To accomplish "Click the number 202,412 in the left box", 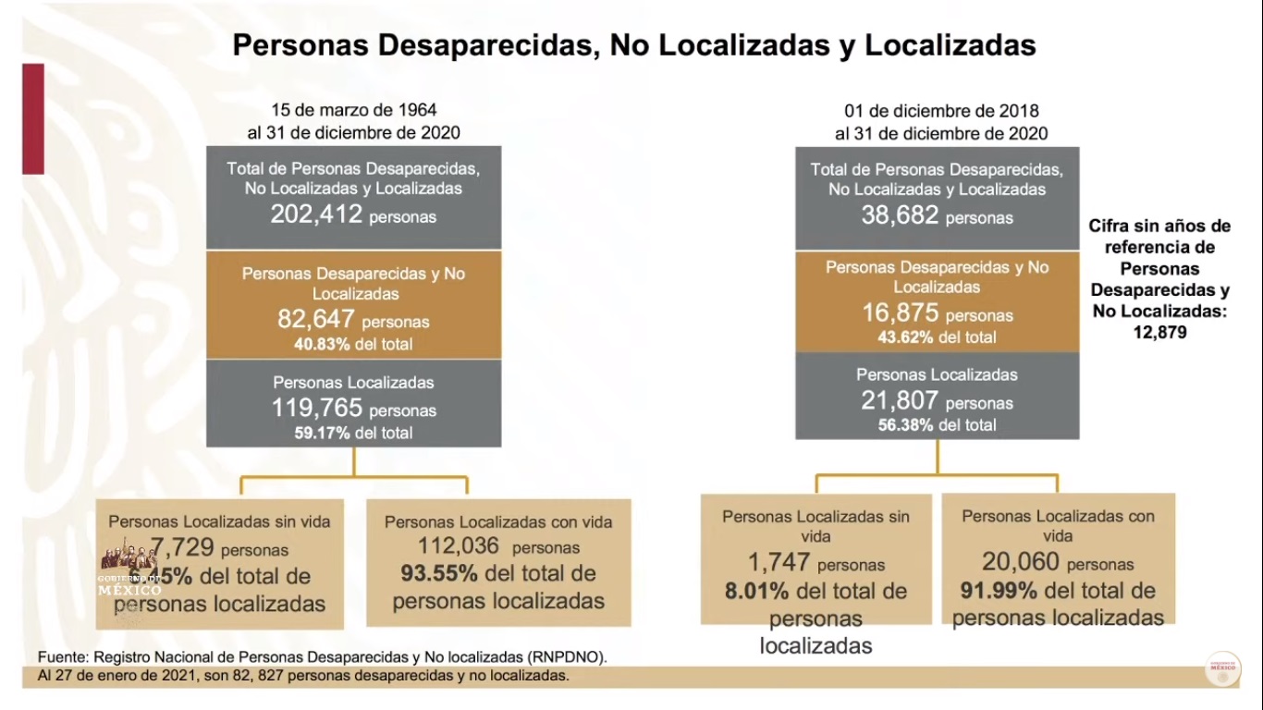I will click(x=316, y=215).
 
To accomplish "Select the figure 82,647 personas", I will click(x=316, y=320).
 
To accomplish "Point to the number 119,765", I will click(x=316, y=408).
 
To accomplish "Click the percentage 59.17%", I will click(x=322, y=433).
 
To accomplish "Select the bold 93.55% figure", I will click(x=439, y=573).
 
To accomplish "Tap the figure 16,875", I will click(x=901, y=313).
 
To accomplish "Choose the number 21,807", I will click(x=901, y=401).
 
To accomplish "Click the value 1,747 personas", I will click(x=780, y=562).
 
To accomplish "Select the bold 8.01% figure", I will click(x=757, y=591).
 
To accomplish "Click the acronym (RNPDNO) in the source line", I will click(x=567, y=657).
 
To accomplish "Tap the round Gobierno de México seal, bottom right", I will click(x=1224, y=669).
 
